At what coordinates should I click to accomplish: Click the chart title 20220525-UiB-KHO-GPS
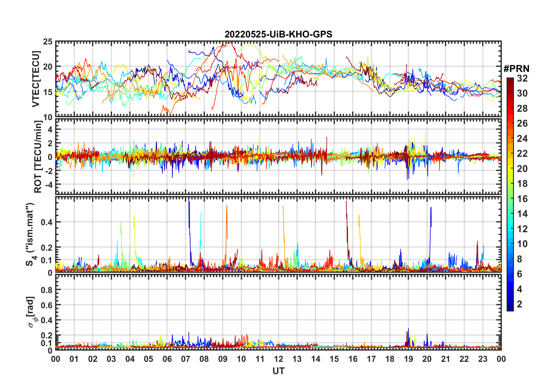278,35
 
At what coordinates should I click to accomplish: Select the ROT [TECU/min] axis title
38,157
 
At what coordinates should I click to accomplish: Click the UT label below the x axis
278,371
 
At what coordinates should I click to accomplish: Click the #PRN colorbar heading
516,69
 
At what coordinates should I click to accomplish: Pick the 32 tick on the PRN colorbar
522,78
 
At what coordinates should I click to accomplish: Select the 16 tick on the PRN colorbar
522,199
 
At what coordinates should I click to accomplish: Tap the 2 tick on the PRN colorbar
520,304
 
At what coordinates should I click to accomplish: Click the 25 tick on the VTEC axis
48,42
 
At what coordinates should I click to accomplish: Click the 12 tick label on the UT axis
278,359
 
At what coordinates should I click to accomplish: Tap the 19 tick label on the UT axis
408,359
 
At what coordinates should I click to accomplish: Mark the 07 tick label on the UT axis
186,359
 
